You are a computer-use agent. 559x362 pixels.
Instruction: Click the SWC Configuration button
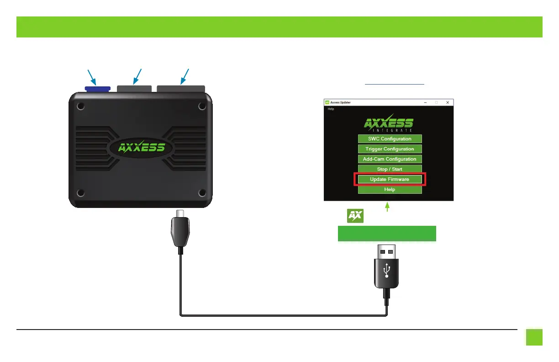[x=390, y=139]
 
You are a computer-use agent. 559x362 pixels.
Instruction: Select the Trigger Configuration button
[x=390, y=149]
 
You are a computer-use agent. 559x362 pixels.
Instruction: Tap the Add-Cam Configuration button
[x=390, y=159]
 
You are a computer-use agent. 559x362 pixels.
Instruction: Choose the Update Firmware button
[x=390, y=179]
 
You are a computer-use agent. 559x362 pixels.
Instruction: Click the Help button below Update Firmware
[x=390, y=189]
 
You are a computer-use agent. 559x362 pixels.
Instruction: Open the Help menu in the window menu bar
[x=331, y=109]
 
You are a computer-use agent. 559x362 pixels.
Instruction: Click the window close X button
[x=448, y=102]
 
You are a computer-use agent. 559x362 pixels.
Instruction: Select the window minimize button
[x=425, y=102]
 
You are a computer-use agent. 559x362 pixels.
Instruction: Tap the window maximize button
[x=436, y=102]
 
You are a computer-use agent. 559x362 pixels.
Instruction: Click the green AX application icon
[x=355, y=216]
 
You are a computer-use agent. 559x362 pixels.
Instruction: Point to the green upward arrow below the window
[x=388, y=207]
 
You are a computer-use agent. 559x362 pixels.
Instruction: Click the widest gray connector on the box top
[x=181, y=88]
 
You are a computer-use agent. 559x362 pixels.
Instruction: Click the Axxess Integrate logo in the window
[x=389, y=124]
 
